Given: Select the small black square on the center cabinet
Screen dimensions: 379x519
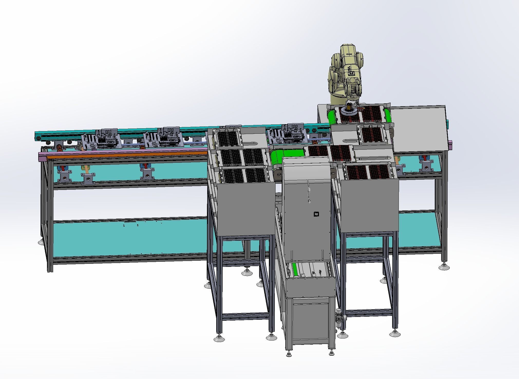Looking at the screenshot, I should [x=316, y=214].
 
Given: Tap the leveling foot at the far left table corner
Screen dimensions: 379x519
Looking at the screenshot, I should [x=41, y=242].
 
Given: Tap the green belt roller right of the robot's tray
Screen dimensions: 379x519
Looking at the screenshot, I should [x=387, y=115].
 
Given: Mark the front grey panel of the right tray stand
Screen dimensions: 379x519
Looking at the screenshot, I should [x=370, y=205].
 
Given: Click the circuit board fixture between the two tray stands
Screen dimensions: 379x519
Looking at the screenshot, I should [x=288, y=135].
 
